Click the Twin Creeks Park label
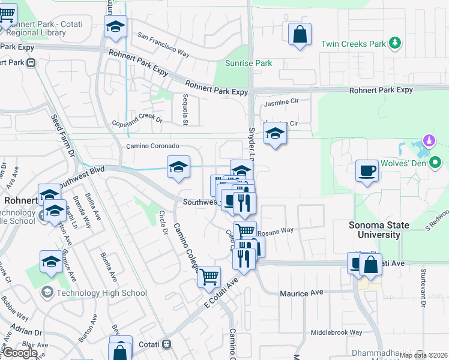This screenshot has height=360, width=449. tap(353, 44)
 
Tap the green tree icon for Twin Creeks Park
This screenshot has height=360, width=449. tap(395, 43)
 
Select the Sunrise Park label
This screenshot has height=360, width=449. tap(249, 63)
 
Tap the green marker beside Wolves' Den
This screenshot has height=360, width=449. tap(436, 162)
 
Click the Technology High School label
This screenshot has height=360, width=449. tap(101, 293)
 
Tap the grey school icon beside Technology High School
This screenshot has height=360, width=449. tap(46, 293)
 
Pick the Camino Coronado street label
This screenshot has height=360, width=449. tap(152, 146)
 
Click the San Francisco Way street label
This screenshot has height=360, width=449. tap(163, 45)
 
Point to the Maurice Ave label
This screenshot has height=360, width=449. tap(302, 293)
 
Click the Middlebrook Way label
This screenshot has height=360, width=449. tap(336, 332)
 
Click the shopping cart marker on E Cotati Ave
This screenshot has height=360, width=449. tap(209, 277)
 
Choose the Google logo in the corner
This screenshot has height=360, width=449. tap(20, 353)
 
